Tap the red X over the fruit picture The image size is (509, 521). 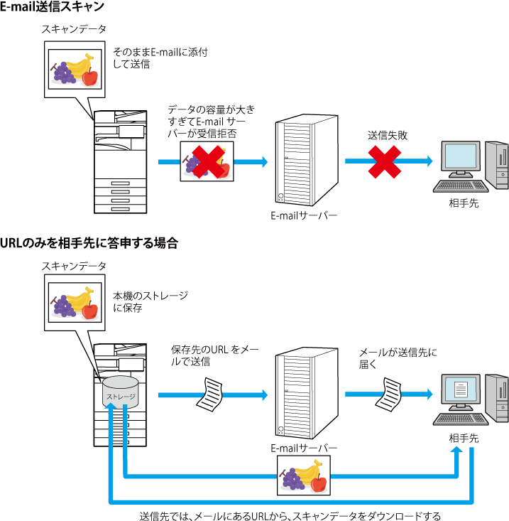click(207, 162)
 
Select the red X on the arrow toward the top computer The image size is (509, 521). click(384, 162)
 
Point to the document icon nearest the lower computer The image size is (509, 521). click(390, 394)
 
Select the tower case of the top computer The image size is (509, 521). click(496, 164)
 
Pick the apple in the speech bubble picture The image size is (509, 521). click(89, 310)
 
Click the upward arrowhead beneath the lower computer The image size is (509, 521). click(457, 451)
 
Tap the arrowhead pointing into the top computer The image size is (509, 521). click(429, 161)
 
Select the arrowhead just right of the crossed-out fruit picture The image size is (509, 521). click(264, 161)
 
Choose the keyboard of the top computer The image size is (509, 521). click(459, 186)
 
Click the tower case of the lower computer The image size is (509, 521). click(496, 397)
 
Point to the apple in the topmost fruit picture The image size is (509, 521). click(89, 77)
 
